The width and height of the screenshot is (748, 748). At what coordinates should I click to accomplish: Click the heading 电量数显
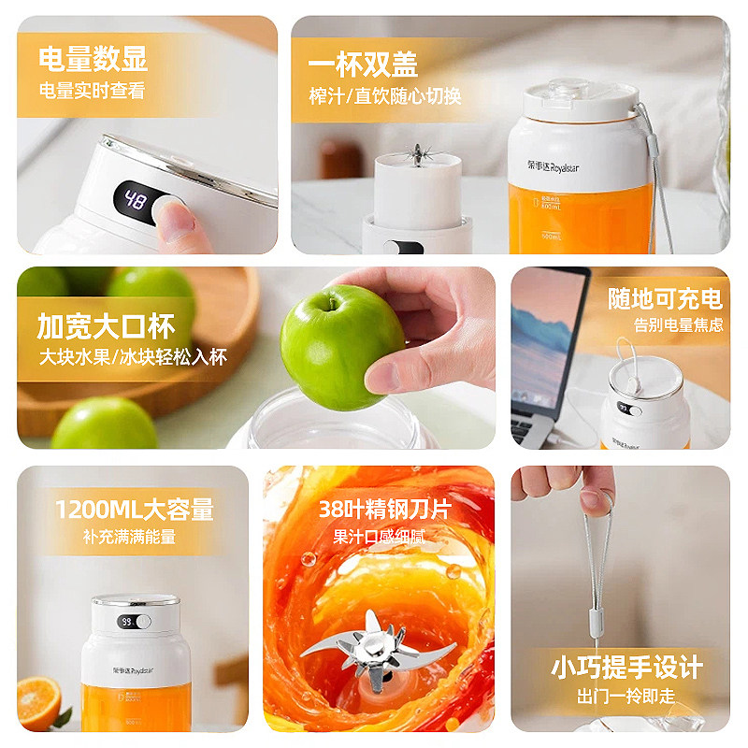click(x=93, y=59)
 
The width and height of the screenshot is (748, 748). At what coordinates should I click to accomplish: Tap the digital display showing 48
click(x=135, y=201)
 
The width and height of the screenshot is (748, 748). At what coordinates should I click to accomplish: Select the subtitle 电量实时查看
click(x=92, y=91)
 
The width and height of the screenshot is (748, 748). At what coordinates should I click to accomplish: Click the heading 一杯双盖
click(x=363, y=64)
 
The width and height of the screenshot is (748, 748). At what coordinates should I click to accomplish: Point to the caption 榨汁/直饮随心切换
click(x=384, y=96)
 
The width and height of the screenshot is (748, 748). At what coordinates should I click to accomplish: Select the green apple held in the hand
click(x=341, y=346)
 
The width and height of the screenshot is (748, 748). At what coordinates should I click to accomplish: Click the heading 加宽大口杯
click(x=106, y=326)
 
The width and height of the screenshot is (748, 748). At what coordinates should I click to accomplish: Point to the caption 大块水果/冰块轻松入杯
click(x=132, y=357)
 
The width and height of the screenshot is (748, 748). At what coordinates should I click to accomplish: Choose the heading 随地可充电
click(x=665, y=298)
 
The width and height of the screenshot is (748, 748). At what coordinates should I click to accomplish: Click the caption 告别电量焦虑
click(x=678, y=325)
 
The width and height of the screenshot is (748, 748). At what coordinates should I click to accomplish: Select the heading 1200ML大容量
click(x=134, y=510)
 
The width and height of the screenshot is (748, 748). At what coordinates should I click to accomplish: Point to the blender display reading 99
click(x=125, y=621)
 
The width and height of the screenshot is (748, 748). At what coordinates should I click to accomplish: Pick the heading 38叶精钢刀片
click(x=383, y=510)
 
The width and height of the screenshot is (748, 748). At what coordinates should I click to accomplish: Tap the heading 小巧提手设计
click(x=626, y=668)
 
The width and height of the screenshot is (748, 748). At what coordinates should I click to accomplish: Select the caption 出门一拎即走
click(x=626, y=697)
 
